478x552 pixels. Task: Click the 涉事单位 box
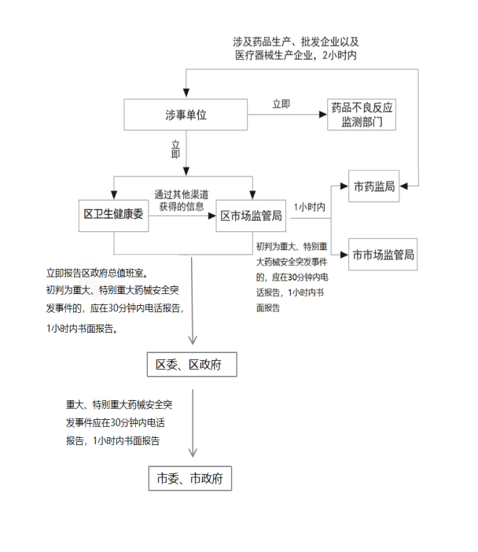pos(186,115)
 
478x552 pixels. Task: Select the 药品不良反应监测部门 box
pos(362,115)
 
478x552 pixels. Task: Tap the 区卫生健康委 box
pos(115,215)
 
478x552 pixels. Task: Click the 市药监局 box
pos(373,186)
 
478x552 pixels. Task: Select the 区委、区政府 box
pos(191,364)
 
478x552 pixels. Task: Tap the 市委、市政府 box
pos(191,478)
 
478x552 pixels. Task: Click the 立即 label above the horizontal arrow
pos(281,104)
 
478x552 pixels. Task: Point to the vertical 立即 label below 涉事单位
pos(176,149)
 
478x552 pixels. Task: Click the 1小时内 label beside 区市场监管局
pos(310,207)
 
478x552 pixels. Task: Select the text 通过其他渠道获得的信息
pos(183,200)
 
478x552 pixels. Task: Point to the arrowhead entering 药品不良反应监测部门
pos(323,115)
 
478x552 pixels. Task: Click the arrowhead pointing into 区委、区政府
pos(192,341)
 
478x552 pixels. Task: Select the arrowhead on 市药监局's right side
pos(403,186)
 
